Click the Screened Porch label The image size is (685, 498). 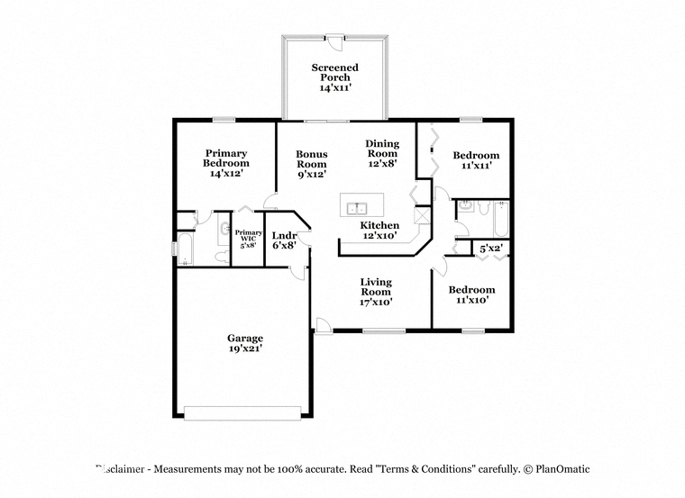[x=335, y=77]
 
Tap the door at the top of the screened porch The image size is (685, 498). [x=335, y=42]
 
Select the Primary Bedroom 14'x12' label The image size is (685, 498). [x=226, y=163]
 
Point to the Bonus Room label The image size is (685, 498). [x=312, y=164]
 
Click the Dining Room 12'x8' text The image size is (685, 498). [x=382, y=153]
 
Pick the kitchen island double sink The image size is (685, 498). [x=357, y=209]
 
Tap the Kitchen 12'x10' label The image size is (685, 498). [x=379, y=230]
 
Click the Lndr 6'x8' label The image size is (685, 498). [x=284, y=240]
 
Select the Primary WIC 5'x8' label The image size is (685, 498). [x=248, y=239]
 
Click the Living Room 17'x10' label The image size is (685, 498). [x=376, y=292]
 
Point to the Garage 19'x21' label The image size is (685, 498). [x=244, y=343]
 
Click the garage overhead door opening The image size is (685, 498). [x=242, y=412]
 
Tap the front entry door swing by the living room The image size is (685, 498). [x=323, y=326]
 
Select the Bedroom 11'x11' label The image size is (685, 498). [x=476, y=160]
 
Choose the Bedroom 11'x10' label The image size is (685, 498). [x=471, y=294]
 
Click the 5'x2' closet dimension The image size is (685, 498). [x=491, y=249]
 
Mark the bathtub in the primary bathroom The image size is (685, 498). [x=186, y=249]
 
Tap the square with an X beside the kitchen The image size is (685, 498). [x=423, y=215]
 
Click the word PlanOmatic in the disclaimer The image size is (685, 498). [x=562, y=469]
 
